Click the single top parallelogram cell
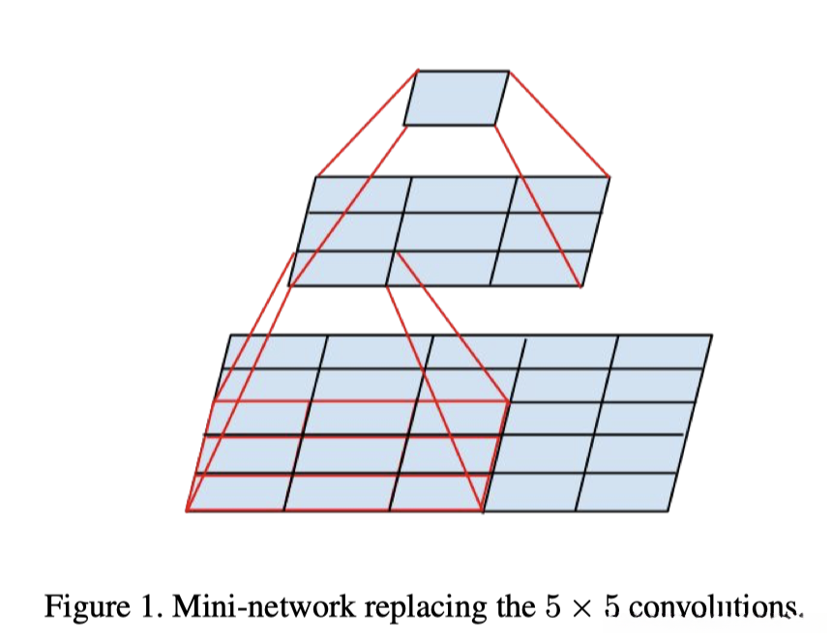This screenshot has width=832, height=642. coord(456,98)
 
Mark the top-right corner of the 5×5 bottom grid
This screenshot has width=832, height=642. coord(712,336)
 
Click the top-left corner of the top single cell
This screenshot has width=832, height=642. coord(418,71)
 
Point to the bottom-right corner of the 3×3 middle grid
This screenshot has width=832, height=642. coord(580,286)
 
